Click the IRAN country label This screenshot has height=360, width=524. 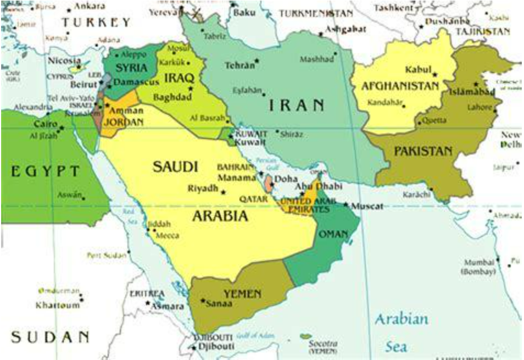(297, 104)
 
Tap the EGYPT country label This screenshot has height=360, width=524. (46, 171)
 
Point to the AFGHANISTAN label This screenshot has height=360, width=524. (400, 86)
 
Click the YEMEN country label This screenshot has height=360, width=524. (242, 294)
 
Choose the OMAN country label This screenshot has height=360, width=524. (333, 235)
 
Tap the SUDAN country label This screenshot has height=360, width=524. (50, 336)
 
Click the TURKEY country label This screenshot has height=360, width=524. (97, 23)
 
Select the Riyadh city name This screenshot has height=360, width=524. (203, 189)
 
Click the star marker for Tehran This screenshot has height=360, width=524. (257, 62)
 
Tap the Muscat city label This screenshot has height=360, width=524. (367, 206)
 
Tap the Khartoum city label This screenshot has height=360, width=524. (58, 305)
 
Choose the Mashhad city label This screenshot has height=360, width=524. (316, 59)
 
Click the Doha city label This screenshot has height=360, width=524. (286, 179)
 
